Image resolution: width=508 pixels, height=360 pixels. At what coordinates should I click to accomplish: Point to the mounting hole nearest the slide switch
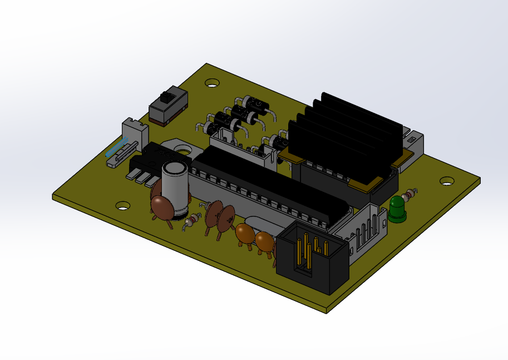[211, 83]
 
